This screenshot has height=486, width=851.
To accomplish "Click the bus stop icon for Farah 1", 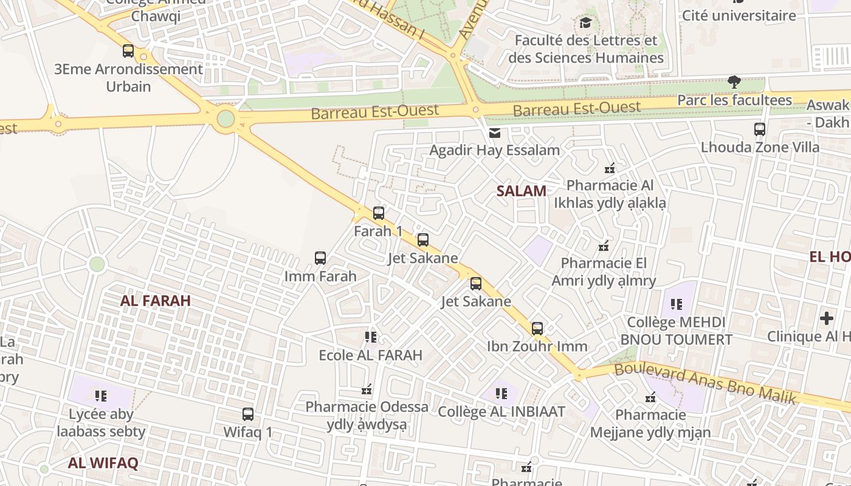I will click(379, 213).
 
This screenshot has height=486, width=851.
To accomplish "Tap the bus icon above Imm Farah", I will click(320, 258).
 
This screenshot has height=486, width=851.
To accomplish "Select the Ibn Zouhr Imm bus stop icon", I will click(537, 329).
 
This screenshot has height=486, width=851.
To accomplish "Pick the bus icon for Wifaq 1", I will click(248, 414).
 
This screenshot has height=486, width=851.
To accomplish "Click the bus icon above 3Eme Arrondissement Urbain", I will click(128, 51).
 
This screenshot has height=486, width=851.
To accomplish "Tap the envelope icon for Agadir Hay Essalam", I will click(495, 133).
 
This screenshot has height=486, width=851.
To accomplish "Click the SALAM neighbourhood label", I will click(521, 191).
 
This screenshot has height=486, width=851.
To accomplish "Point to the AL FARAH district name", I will click(156, 300).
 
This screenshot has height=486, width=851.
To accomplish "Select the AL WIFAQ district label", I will click(103, 463).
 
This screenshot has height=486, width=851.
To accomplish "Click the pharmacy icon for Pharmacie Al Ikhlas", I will click(610, 168).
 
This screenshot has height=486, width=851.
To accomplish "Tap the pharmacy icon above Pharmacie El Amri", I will click(604, 246).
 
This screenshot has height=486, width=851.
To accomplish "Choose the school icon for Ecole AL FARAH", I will click(371, 337).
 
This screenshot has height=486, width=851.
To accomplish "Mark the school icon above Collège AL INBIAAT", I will click(501, 394).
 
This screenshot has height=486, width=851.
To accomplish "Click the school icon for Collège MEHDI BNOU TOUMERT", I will click(676, 304).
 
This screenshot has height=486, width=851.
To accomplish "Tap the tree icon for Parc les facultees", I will click(734, 82).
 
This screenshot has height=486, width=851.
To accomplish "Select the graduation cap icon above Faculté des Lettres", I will click(585, 23).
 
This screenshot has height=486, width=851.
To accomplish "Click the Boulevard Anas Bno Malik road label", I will click(705, 382).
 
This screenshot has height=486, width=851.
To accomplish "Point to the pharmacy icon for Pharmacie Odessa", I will click(367, 389).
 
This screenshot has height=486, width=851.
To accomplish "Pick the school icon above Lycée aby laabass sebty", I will click(101, 396).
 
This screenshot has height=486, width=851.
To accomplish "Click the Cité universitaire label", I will click(739, 15).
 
